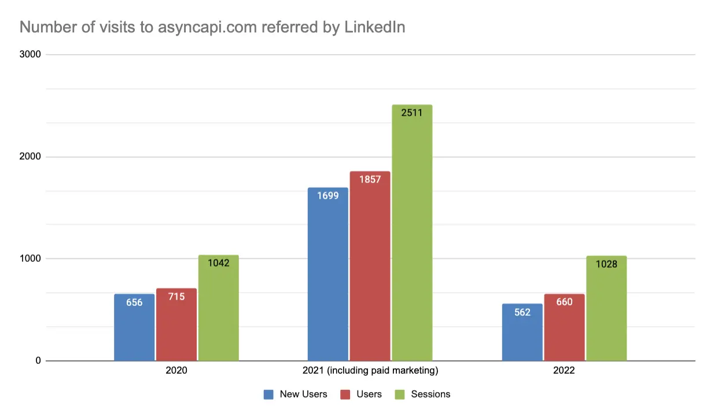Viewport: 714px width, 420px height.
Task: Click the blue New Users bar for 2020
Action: click(134, 327)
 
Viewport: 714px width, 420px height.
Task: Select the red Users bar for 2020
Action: click(176, 324)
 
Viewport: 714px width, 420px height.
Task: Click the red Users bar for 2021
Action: click(370, 266)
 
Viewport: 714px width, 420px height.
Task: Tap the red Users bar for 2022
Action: click(564, 327)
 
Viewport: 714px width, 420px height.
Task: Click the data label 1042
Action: click(219, 263)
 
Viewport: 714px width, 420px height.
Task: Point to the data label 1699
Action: click(328, 195)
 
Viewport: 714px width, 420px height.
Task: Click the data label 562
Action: click(522, 312)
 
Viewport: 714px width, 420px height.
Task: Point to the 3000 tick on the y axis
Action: click(30, 54)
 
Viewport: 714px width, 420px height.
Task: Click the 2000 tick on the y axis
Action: click(30, 157)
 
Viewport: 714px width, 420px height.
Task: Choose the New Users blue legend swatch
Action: click(269, 395)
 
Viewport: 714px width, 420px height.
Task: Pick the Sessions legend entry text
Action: click(430, 395)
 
